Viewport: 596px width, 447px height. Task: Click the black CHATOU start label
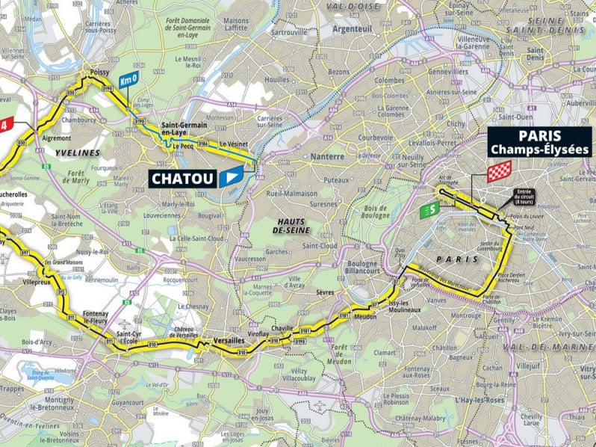point(183,179)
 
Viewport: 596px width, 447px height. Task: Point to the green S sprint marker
point(428,211)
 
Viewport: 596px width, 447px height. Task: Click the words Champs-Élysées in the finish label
point(539,149)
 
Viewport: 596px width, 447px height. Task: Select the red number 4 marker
point(7,124)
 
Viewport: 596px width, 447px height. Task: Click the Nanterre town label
point(328,157)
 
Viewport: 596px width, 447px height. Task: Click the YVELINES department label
point(78,152)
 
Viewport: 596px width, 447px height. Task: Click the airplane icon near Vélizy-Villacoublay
point(320,406)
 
